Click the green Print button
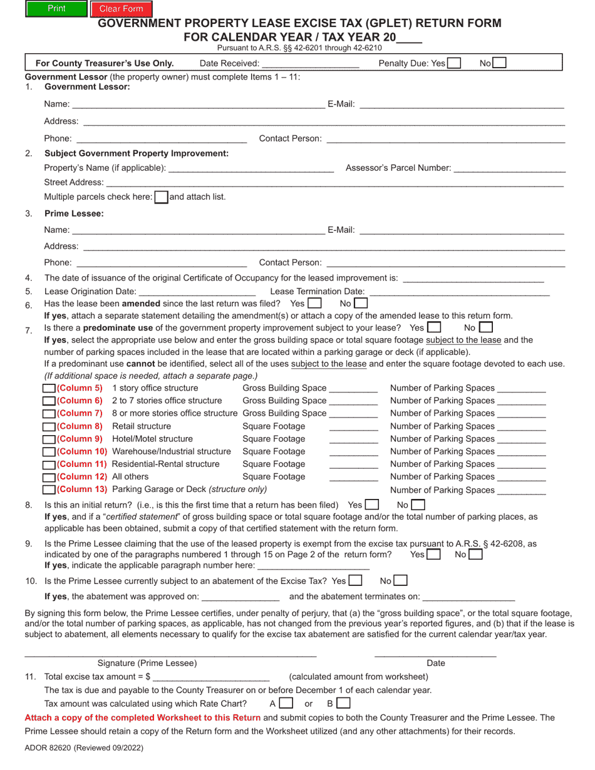click(56, 9)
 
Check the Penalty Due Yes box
click(455, 63)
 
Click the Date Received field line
click(311, 63)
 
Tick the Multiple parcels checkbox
click(161, 197)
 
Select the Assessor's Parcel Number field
click(509, 168)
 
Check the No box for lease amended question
click(361, 303)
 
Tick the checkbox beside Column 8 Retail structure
click(49, 426)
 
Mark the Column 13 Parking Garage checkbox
click(49, 490)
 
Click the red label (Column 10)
click(82, 451)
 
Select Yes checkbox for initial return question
click(372, 505)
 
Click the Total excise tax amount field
click(211, 676)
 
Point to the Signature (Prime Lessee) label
click(147, 663)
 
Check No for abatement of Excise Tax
click(401, 581)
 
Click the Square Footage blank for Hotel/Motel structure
click(353, 439)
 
